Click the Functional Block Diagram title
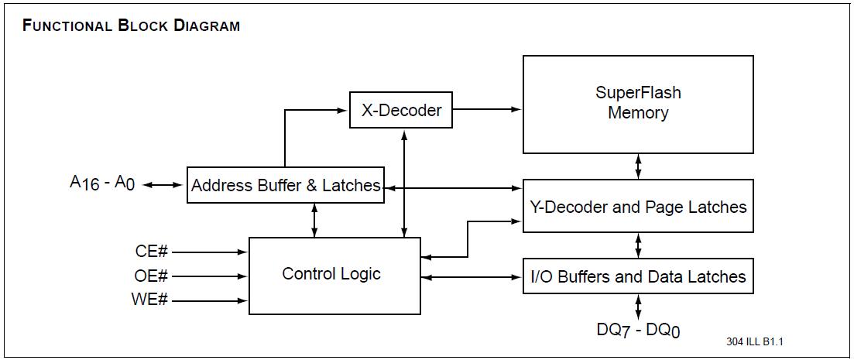132,26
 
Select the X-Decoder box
401,110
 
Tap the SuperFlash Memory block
638,104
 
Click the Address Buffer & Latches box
286,186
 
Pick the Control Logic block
334,275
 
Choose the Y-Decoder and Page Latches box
638,207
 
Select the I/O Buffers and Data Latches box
638,276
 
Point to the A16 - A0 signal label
102,184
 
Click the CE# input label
150,252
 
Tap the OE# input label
150,276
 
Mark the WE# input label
150,300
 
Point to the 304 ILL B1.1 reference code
749,341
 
